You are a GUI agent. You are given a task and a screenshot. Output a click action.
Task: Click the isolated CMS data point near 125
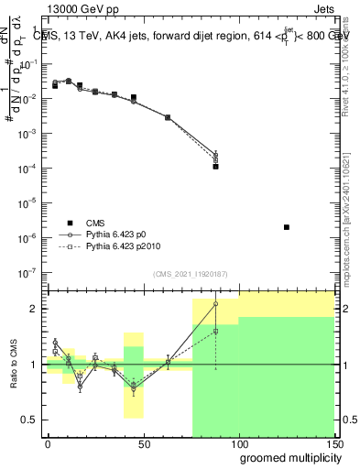pyautogui.click(x=287, y=227)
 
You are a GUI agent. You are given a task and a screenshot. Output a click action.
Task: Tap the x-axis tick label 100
pyautogui.click(x=238, y=443)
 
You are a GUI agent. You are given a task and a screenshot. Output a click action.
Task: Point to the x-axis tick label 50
pyautogui.click(x=143, y=443)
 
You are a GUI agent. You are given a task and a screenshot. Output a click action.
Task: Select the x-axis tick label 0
pyautogui.click(x=48, y=443)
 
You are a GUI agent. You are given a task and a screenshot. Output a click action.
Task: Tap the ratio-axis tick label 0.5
pyautogui.click(x=28, y=420)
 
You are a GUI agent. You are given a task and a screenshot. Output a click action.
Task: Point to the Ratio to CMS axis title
pyautogui.click(x=12, y=364)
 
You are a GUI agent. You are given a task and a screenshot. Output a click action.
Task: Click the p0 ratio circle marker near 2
pyautogui.click(x=215, y=303)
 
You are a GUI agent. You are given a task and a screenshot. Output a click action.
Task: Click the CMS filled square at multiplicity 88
pyautogui.click(x=215, y=167)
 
